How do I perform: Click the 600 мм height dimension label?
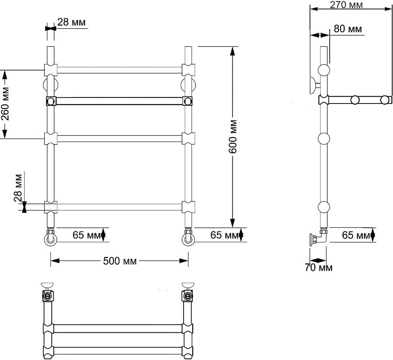pos(233,136)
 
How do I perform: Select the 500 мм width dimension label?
pos(120,261)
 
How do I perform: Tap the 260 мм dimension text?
pos(5,104)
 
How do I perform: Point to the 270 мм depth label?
pos(346,5)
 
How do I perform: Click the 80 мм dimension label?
pos(348,29)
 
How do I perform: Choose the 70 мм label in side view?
pos(319,268)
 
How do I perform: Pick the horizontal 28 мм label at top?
pos(71,22)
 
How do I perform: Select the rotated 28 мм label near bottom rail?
pos(18,188)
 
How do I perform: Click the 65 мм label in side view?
pos(356,235)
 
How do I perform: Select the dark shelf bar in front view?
pos(119,101)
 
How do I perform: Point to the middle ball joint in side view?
pos(324,139)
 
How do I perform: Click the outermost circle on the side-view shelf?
pos(384,100)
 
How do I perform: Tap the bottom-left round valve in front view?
pos(51,239)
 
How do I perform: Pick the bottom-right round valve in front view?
pos(188,239)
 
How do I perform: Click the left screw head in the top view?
pos(48,297)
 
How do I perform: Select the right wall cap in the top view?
pos(188,285)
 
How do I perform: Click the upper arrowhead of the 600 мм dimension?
pos(233,51)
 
